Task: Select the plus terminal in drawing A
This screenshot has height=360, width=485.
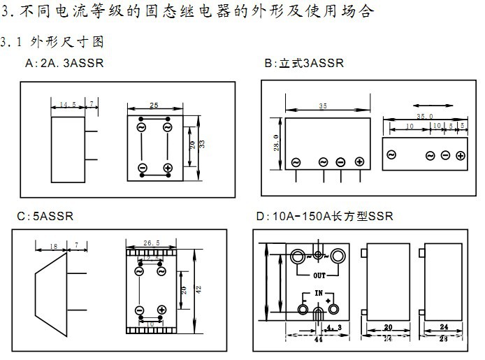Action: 168,168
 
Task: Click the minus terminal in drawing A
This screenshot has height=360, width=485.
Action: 142,168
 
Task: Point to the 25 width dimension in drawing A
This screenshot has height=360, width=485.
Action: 154,105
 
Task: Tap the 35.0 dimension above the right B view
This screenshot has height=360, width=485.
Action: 424,116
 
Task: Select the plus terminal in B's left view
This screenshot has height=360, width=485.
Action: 359,162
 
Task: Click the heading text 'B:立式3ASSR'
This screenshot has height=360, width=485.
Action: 304,64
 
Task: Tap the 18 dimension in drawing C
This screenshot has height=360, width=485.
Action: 54,246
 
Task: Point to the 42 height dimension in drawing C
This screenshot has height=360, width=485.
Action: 198,288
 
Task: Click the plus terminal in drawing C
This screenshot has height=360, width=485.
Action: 161,310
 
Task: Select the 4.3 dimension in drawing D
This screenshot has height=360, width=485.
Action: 333,327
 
